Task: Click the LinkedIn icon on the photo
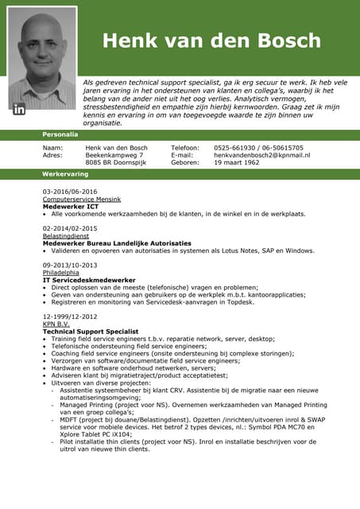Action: pos(19,107)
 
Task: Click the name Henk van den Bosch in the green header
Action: pos(211,41)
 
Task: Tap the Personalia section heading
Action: pos(60,134)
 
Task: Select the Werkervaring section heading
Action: pos(65,173)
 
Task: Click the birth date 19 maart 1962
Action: pos(237,162)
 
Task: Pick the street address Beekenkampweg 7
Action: pos(114,155)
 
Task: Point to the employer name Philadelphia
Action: pos(61,273)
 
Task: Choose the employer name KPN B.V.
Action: pos(56,324)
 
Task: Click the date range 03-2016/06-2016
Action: pos(70,192)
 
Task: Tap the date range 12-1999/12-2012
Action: pos(70,317)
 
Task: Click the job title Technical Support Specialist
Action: pos(91,331)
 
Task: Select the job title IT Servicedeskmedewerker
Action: pos(89,280)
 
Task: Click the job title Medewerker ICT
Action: pos(71,206)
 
